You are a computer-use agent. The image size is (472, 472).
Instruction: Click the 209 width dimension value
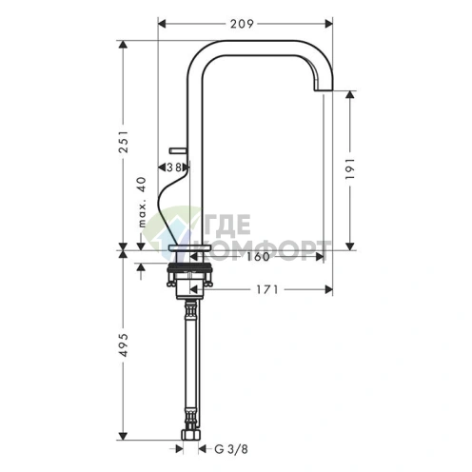click(x=242, y=24)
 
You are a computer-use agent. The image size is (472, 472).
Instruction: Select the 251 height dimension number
click(x=124, y=142)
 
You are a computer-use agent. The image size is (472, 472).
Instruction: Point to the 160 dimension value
click(x=258, y=256)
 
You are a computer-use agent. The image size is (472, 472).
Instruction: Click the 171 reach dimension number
click(x=266, y=289)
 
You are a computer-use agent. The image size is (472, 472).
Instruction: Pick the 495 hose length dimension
click(x=124, y=344)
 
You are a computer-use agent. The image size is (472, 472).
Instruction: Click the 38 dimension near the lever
click(x=174, y=167)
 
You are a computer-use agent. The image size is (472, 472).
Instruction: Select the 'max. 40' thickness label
click(x=143, y=202)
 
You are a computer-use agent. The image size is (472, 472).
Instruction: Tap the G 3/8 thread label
click(x=231, y=449)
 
